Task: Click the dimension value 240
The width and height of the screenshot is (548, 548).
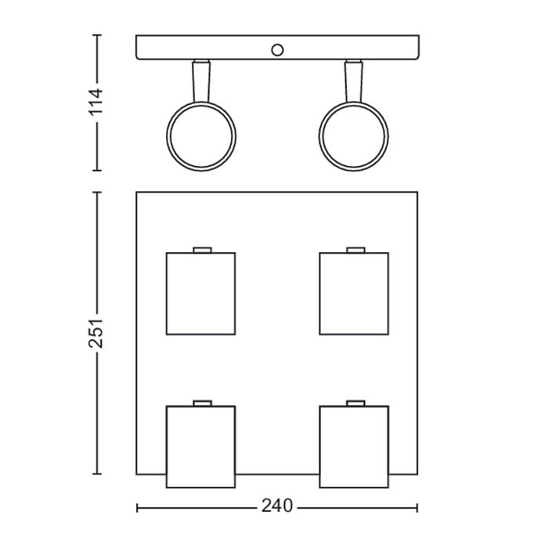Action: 277,506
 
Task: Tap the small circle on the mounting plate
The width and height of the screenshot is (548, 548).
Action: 277,50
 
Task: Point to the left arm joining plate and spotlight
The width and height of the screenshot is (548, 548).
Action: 201,81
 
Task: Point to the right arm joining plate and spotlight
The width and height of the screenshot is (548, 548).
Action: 354,81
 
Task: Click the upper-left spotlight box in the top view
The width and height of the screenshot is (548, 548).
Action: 200,294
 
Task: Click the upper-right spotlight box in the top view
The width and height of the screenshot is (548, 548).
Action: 354,294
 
